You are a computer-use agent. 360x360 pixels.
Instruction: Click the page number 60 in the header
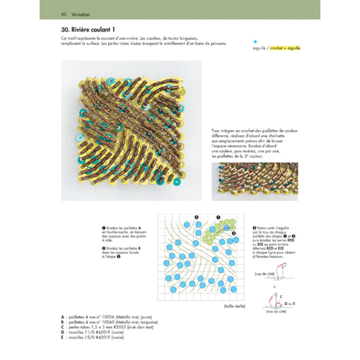tap(64, 14)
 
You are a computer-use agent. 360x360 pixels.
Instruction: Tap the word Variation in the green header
tap(79, 14)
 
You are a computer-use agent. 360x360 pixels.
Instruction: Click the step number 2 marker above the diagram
tap(197, 217)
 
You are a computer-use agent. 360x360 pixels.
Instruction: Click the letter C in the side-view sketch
tap(282, 297)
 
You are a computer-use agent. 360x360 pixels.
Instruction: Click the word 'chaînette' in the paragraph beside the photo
tap(285, 135)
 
